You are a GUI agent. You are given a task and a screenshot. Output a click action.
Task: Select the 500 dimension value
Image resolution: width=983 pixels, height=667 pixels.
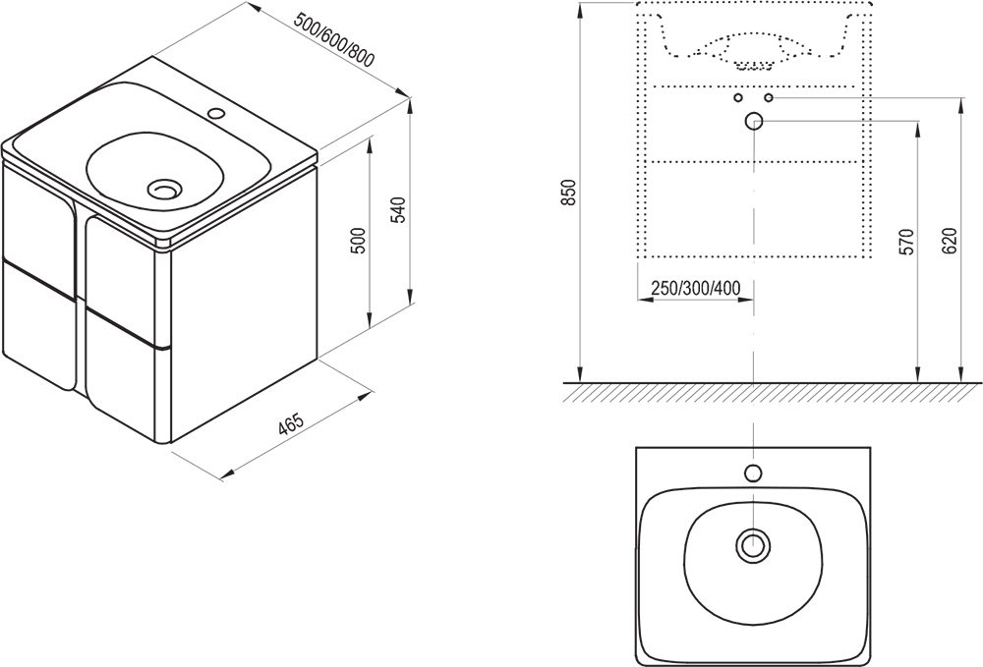point(359,241)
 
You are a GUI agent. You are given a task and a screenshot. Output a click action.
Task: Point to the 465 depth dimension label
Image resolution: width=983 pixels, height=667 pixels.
point(289,425)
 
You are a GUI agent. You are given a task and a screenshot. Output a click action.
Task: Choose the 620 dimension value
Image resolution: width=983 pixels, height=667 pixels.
point(949,243)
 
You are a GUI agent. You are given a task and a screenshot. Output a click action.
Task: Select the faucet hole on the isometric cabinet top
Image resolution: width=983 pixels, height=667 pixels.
point(217,114)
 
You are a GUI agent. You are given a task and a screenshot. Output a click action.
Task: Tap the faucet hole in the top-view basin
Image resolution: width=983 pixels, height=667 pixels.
point(754,473)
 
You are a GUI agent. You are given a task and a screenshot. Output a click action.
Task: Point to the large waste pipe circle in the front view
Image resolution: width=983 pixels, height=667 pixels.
point(754,122)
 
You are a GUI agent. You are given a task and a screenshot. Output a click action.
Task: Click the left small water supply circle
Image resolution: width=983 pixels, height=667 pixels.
point(738,98)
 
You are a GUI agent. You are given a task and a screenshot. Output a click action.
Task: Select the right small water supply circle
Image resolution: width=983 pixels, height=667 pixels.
point(769,98)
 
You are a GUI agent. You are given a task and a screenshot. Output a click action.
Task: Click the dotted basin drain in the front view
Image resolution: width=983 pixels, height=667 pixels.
point(754,66)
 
